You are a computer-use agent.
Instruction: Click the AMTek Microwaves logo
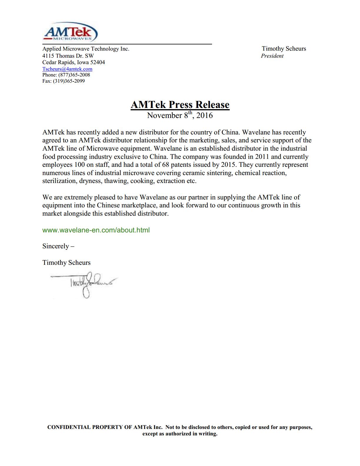71,32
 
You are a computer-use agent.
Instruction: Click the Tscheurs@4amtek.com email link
67,69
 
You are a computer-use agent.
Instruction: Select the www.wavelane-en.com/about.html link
96,230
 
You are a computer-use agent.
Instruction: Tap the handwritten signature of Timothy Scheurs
85,284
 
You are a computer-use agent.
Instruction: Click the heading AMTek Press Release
180,105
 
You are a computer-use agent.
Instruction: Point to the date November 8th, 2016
180,115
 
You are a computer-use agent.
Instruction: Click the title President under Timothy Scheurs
272,56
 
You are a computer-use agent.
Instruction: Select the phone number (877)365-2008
74,75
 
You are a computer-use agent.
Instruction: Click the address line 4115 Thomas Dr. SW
68,56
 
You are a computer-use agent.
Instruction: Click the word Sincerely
56,246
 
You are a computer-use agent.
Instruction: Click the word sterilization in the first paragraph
60,181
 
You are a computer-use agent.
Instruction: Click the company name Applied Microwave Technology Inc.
86,49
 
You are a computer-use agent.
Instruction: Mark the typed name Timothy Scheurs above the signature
66,263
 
